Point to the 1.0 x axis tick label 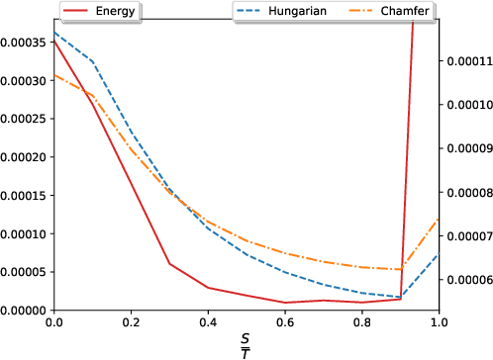[x=437, y=322]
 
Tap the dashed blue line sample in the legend [x=251, y=11]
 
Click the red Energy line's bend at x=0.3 [x=169, y=264]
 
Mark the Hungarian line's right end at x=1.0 [x=438, y=253]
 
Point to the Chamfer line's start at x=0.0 [x=54, y=75]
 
